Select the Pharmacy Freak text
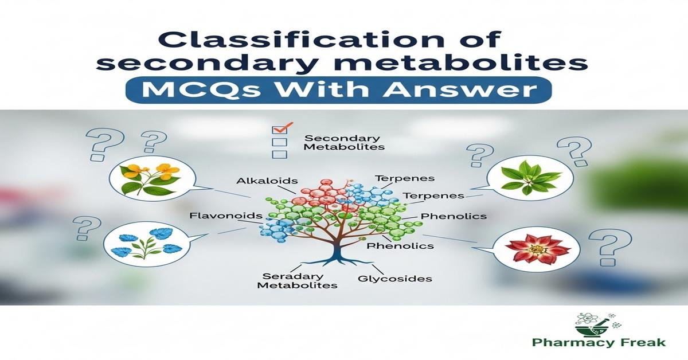pyautogui.click(x=599, y=343)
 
